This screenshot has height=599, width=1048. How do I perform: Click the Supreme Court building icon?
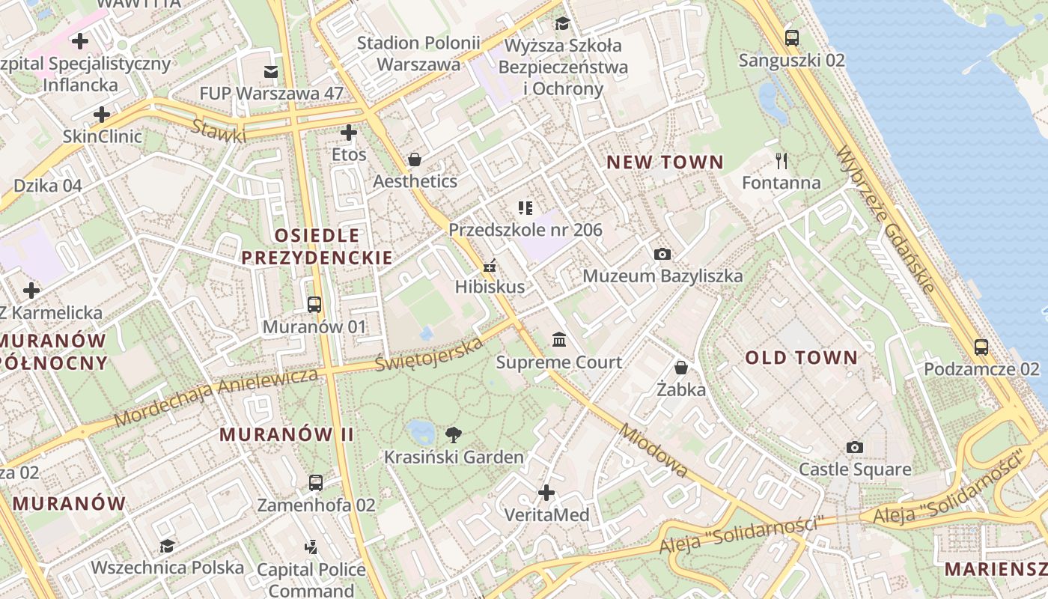point(559,341)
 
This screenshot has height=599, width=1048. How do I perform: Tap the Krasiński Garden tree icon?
point(453,434)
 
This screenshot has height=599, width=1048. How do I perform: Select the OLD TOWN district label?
point(801,358)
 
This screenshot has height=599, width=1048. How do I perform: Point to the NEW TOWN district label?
point(665,162)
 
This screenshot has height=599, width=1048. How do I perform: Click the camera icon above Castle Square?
point(854,447)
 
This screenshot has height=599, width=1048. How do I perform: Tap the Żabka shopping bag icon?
point(681,368)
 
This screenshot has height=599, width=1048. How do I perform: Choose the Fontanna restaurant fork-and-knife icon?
point(782,160)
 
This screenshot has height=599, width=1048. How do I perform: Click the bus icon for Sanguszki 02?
point(791,37)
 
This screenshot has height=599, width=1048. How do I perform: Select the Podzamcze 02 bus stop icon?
point(981,347)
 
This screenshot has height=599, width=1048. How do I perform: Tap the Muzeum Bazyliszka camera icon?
point(662,254)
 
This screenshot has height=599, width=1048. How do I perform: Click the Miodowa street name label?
point(654,451)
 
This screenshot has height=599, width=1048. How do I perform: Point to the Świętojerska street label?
point(429,355)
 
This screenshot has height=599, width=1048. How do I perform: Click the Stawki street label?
point(219,131)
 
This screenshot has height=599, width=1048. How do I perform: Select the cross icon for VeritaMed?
point(546,493)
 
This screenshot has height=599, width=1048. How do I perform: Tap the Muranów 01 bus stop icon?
point(314,305)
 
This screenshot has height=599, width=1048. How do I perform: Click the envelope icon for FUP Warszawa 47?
point(270,72)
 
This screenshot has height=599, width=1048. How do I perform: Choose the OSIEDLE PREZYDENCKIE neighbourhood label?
point(317,246)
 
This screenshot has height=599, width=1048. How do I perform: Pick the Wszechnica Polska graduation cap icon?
point(167,546)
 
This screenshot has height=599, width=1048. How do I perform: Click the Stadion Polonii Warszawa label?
point(418,53)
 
